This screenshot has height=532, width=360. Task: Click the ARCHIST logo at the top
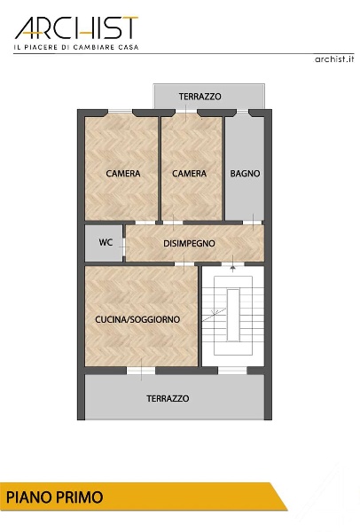(76, 27)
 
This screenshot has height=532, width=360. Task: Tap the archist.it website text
(334, 59)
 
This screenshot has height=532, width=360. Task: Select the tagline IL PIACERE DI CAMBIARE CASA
(76, 47)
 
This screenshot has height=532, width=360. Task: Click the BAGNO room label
(245, 174)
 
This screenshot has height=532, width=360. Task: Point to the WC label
(106, 242)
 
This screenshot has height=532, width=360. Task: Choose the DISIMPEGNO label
(189, 244)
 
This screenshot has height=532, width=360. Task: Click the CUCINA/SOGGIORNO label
(137, 319)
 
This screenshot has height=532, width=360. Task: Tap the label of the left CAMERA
(123, 174)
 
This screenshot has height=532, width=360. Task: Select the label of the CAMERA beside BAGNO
(189, 174)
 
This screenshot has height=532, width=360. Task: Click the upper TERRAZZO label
(200, 97)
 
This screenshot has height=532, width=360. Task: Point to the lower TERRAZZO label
(168, 398)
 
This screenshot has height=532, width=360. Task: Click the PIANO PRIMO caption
(55, 497)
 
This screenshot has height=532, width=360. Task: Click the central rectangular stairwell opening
(233, 315)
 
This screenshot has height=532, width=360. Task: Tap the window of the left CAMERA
(120, 112)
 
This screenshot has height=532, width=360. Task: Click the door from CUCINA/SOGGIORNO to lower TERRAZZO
(141, 371)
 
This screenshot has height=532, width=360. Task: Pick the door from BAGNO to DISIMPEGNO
(253, 223)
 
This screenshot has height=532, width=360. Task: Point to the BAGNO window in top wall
(243, 112)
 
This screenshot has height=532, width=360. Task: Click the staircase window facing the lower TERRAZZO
(232, 371)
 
